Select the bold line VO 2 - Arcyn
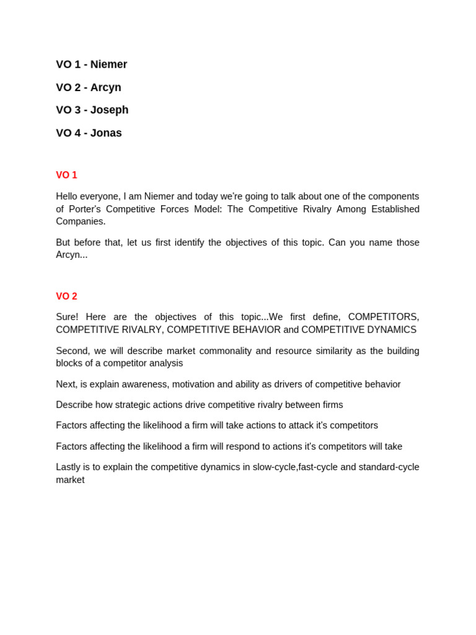89,87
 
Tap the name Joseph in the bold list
109,110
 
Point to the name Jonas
106,133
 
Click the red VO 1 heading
66,175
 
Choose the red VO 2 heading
66,296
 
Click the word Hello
68,197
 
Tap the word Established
395,209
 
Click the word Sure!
67,317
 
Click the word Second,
73,351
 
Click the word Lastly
69,467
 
